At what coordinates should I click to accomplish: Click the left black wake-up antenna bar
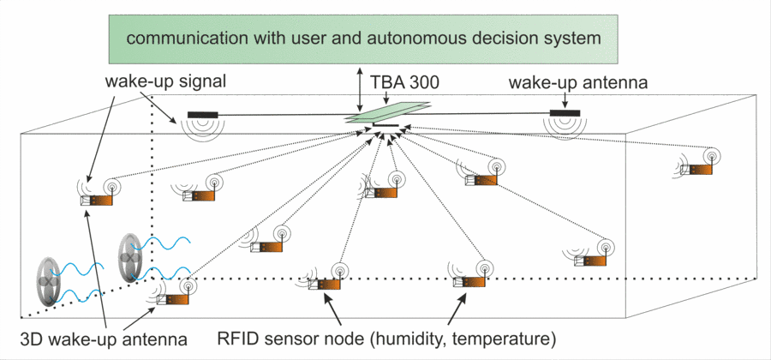coord(203,114)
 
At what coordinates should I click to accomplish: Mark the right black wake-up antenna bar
coord(565,112)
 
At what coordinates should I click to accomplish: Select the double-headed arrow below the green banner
coord(360,87)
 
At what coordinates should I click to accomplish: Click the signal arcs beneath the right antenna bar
coord(565,127)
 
